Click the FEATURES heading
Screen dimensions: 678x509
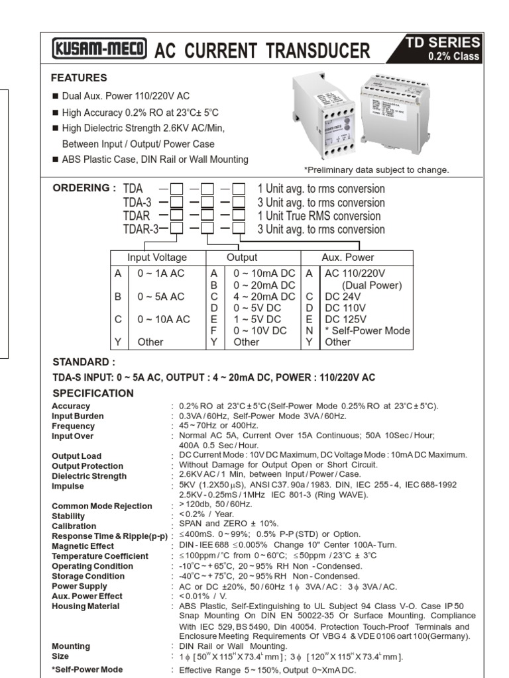79,77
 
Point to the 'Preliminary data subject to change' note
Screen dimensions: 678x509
376,169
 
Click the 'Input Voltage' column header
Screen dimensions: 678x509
157,258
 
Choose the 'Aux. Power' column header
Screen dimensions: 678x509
348,258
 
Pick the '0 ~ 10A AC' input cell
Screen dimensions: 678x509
163,318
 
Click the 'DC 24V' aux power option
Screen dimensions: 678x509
342,296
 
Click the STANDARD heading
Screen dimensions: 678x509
84,362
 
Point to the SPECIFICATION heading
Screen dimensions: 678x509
93,393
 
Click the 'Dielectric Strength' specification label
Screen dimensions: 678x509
89,476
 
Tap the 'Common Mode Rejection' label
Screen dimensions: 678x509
101,506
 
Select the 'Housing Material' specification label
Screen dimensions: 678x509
87,606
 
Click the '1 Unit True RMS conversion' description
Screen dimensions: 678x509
319,216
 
